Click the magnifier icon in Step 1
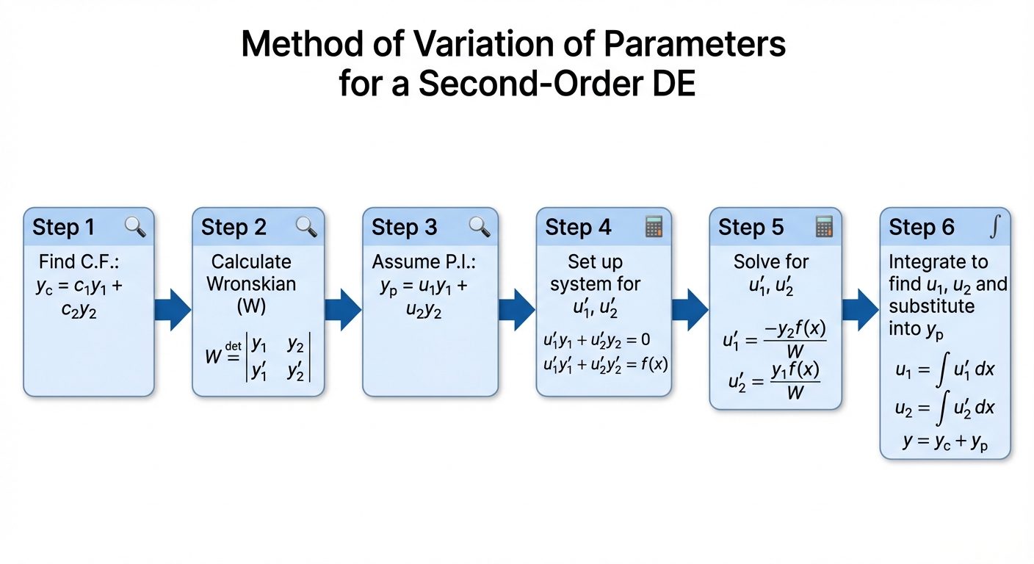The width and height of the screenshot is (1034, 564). tap(135, 227)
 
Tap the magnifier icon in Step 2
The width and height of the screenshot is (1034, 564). tap(306, 227)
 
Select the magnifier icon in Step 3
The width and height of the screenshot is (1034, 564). tap(479, 227)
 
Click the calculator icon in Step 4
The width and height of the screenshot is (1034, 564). tap(653, 227)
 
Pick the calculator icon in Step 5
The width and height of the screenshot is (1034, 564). tap(825, 227)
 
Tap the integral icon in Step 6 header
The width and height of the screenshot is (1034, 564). tap(994, 227)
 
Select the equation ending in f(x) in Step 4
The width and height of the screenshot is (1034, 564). tap(604, 364)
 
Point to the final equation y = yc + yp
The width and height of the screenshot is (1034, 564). tap(944, 441)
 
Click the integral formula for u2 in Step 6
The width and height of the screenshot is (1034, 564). tap(944, 407)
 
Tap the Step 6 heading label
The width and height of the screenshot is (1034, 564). tap(922, 228)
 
